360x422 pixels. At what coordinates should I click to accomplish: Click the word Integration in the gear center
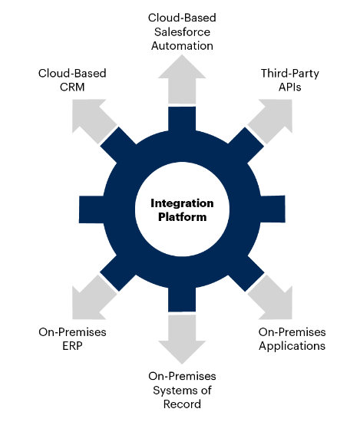[x=182, y=204]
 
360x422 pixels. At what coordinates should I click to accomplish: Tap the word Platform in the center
[x=182, y=217]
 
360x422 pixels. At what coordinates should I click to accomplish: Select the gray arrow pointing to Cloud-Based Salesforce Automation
[x=182, y=79]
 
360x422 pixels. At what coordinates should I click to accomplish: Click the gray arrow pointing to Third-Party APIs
[x=270, y=121]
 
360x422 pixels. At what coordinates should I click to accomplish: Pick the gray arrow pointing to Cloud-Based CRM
[x=94, y=121]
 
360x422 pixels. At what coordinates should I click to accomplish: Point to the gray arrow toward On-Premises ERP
[x=94, y=297]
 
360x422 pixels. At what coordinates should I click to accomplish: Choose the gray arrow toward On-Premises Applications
[x=270, y=297]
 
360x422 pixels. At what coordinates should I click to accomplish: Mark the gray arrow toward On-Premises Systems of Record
[x=182, y=339]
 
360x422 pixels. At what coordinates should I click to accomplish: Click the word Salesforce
[x=182, y=31]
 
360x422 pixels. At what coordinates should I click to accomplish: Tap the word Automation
[x=182, y=46]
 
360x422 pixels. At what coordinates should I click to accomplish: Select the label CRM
[x=72, y=87]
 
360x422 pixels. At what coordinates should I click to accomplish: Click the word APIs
[x=290, y=87]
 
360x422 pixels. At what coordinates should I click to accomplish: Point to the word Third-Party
[x=290, y=73]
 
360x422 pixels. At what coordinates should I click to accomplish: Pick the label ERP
[x=72, y=346]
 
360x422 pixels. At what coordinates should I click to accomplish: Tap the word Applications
[x=292, y=346]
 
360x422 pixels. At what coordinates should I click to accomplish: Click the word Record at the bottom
[x=182, y=404]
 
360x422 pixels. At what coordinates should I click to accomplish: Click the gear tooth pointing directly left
[x=91, y=209]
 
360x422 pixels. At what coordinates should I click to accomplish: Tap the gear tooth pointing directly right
[x=272, y=209]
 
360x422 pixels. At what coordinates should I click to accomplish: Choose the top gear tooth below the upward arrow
[x=182, y=119]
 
